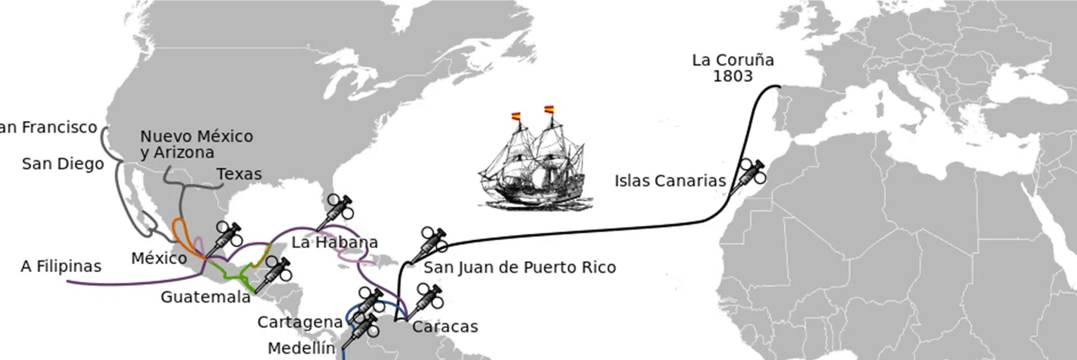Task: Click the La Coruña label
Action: click(732, 60)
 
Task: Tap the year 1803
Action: click(732, 77)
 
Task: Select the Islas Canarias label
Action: click(670, 181)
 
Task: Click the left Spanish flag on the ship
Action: click(516, 116)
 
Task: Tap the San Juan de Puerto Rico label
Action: click(519, 267)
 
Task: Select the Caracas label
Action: click(445, 327)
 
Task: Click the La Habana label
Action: click(334, 243)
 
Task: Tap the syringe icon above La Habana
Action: click(336, 211)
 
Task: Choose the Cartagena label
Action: click(300, 322)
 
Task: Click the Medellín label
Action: click(301, 348)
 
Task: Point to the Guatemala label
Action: click(205, 297)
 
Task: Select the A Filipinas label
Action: click(61, 266)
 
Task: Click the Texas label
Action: click(239, 174)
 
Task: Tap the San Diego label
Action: click(63, 164)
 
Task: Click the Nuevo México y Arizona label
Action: click(196, 144)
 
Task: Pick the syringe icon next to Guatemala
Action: click(274, 273)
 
